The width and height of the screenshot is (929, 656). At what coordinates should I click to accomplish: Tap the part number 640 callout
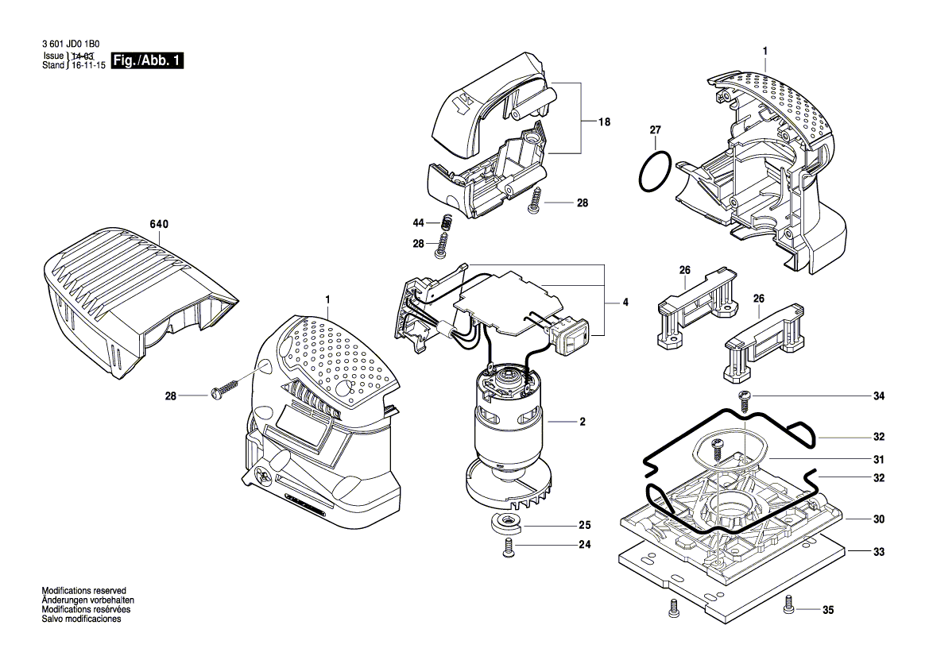pyautogui.click(x=159, y=225)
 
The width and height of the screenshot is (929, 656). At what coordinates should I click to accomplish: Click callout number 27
pyautogui.click(x=655, y=129)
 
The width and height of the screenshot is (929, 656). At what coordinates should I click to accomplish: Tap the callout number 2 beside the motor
pyautogui.click(x=583, y=422)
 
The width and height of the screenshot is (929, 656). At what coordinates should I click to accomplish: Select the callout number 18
pyautogui.click(x=605, y=122)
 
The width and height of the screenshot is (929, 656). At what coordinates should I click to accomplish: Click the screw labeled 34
pyautogui.click(x=745, y=400)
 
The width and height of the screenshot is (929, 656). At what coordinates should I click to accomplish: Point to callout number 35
pyautogui.click(x=828, y=611)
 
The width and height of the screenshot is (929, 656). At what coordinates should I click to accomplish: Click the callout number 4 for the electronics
pyautogui.click(x=625, y=303)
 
